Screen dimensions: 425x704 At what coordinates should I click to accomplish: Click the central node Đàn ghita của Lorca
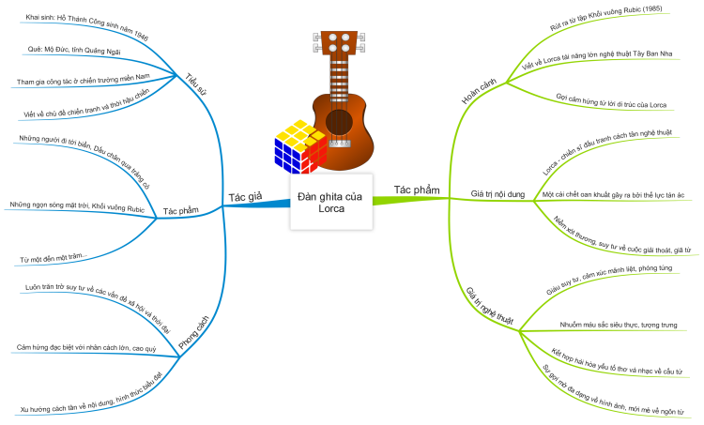click(331, 202)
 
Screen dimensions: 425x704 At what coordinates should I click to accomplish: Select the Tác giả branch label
click(244, 197)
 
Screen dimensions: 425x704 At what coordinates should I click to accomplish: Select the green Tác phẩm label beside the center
click(417, 190)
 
